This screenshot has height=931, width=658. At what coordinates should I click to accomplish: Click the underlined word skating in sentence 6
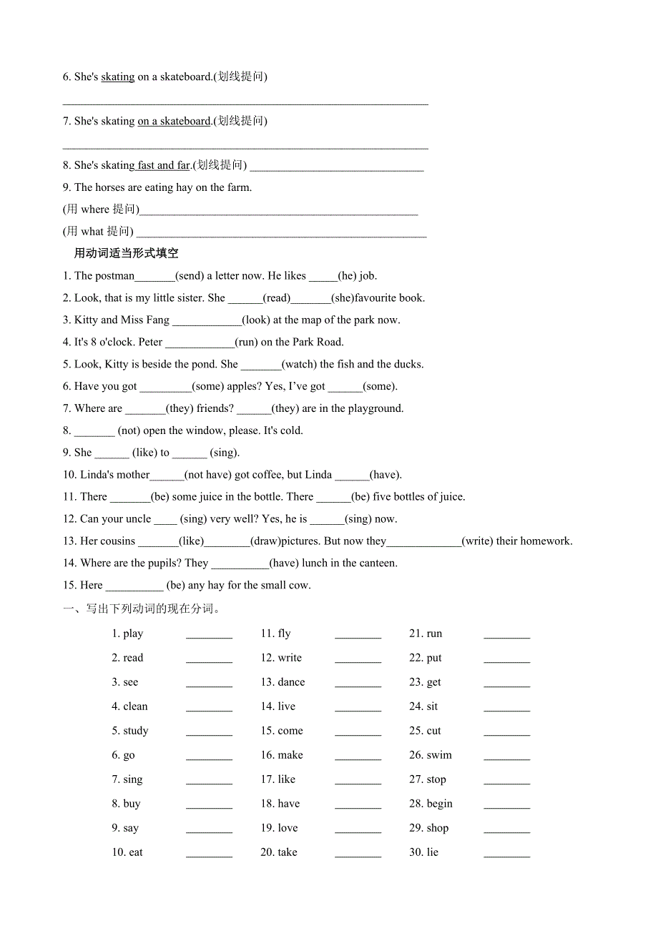[x=118, y=77]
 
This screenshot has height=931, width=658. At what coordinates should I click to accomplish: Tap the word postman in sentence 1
[x=114, y=276]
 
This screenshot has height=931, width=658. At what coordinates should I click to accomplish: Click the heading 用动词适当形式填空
[x=127, y=253]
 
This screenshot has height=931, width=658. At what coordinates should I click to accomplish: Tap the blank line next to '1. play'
[x=209, y=635]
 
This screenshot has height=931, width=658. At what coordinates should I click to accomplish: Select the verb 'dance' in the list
[x=291, y=683]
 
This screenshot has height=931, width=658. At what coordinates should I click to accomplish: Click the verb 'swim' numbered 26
[x=439, y=756]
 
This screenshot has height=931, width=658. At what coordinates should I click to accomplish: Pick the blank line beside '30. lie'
[x=506, y=854]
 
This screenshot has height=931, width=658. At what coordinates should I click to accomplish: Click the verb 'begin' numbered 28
[x=439, y=804]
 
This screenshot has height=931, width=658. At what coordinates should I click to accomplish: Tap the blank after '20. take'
[x=358, y=854]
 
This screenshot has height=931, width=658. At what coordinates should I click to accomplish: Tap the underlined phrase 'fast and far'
[x=164, y=165]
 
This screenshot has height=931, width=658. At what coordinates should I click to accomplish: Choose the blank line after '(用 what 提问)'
[x=281, y=232]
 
